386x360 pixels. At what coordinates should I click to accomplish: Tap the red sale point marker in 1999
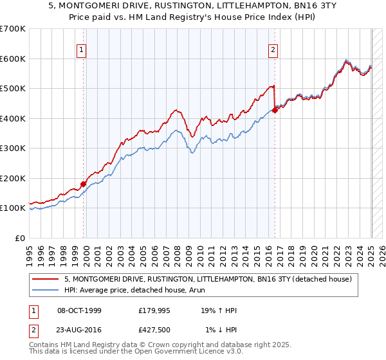tap(84, 184)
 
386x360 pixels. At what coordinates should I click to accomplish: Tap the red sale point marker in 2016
tap(275, 110)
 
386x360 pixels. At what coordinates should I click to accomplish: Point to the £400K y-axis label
tap(13, 118)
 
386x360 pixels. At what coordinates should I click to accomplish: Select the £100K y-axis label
tap(13, 208)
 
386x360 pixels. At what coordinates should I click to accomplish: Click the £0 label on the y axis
tap(21, 238)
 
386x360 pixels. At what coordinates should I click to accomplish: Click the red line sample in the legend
tap(45, 280)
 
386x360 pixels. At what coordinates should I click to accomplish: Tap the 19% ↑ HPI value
tap(219, 310)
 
